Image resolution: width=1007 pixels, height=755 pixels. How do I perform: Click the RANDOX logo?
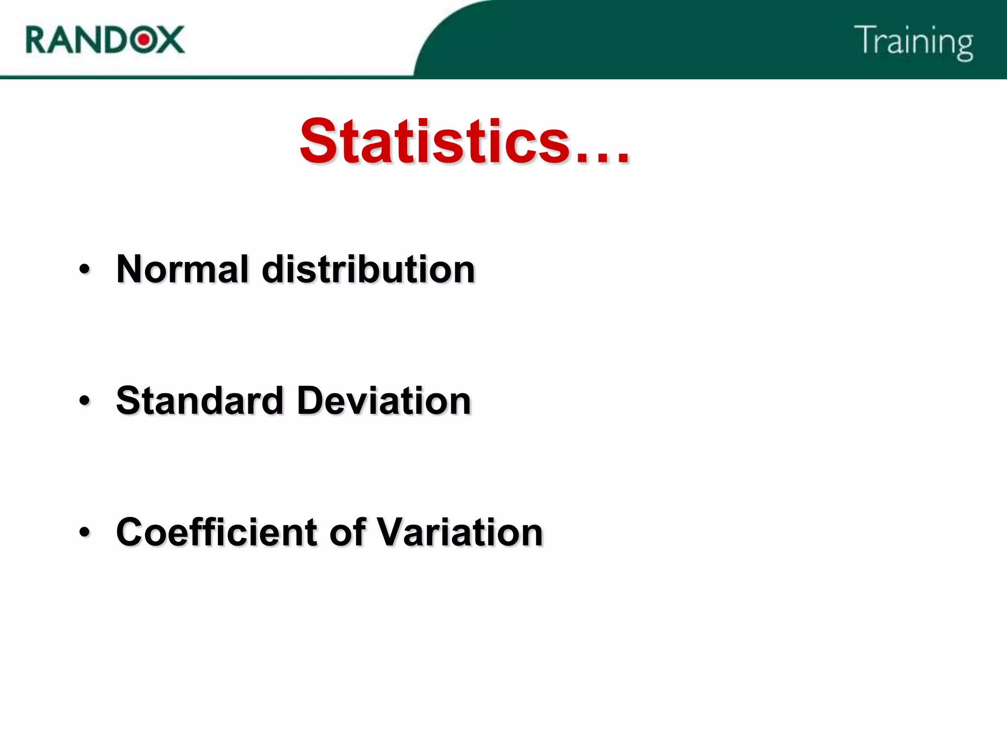coord(105,39)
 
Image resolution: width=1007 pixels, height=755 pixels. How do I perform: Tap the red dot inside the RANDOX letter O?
coord(144,39)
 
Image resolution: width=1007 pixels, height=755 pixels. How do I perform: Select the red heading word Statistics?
coord(435,142)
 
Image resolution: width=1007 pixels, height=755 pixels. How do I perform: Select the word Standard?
coord(200,400)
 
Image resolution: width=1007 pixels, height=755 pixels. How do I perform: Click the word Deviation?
coord(384,400)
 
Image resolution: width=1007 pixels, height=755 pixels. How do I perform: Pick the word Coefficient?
coord(217,532)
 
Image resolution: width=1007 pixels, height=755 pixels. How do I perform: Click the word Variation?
coord(460,532)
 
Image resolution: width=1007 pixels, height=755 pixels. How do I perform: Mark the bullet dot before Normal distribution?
coord(85,269)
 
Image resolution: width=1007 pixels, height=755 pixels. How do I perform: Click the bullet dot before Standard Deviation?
coord(85,401)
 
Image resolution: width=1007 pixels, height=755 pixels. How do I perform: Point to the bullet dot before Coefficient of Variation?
coord(85,532)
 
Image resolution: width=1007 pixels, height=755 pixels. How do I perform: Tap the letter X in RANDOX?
coord(170,40)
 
